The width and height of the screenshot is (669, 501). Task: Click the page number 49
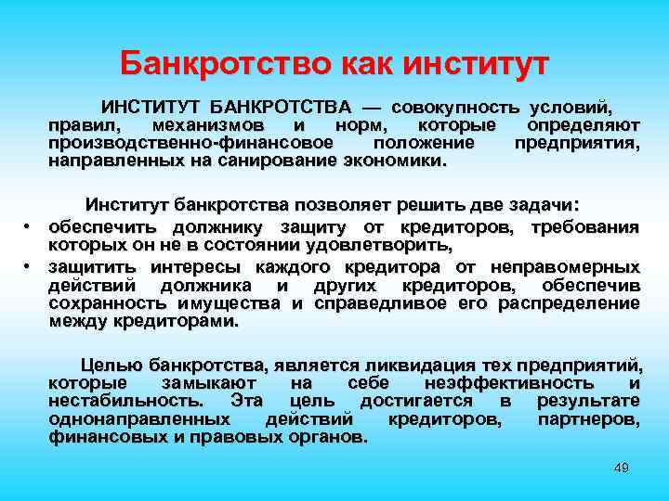click(622, 468)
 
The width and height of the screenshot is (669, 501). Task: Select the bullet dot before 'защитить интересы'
click(29, 265)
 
